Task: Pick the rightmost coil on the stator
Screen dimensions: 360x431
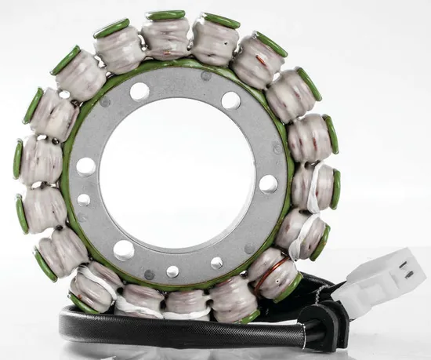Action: pos(317,187)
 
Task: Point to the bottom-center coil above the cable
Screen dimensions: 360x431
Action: pos(186,303)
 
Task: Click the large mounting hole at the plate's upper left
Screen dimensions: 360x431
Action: pos(139,92)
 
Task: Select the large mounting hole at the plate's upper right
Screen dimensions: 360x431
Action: pos(230,100)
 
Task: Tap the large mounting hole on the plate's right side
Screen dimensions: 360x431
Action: pos(268,184)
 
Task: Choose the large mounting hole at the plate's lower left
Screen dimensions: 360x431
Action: pos(124,250)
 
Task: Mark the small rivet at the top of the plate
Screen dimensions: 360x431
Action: pos(206,76)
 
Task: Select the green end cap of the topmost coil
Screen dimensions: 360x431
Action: pos(167,15)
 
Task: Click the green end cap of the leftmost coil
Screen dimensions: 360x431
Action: pos(17,159)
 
